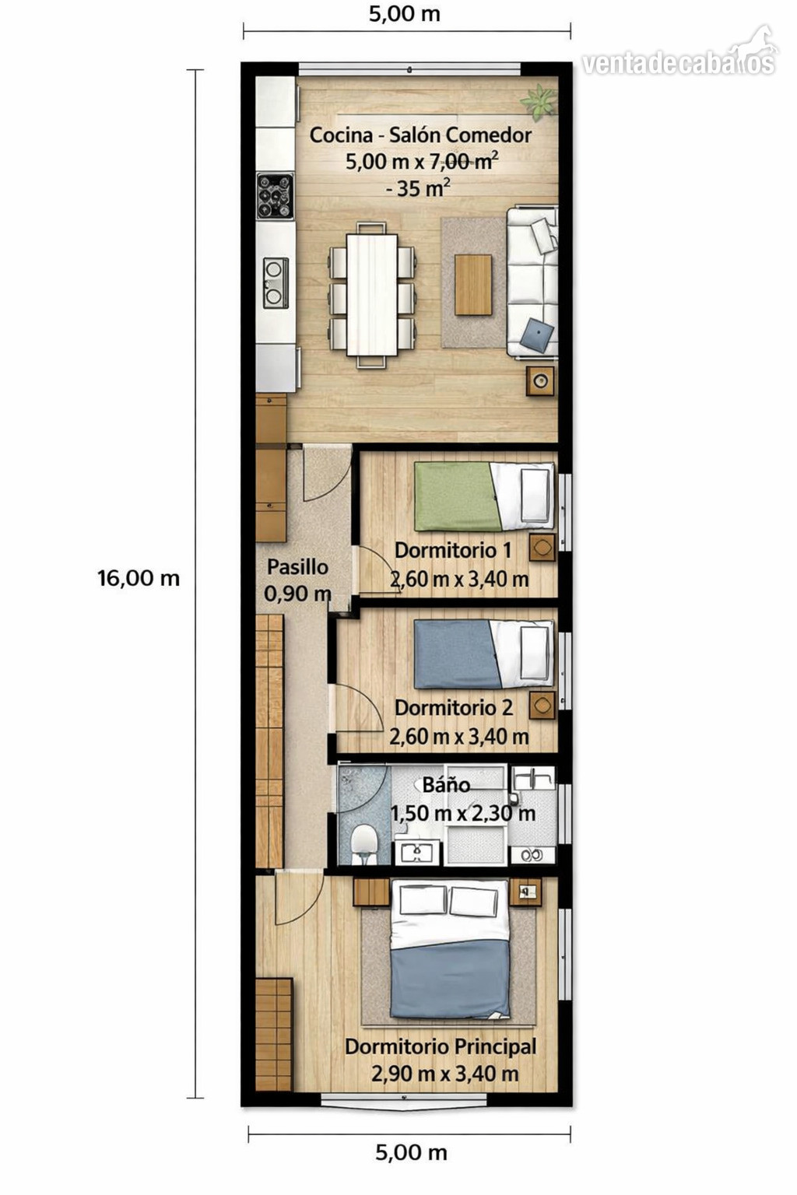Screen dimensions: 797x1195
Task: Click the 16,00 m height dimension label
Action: [x=139, y=578]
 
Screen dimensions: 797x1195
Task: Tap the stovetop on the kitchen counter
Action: [x=275, y=196]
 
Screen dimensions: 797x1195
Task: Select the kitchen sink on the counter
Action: [x=276, y=282]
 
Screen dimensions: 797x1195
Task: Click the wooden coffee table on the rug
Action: [x=473, y=285]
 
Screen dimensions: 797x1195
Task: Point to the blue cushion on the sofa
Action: [x=539, y=335]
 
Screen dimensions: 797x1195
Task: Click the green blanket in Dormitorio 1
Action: [x=457, y=496]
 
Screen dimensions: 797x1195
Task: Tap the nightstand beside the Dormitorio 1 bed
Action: [x=542, y=548]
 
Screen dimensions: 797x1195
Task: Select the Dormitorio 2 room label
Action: [x=454, y=708]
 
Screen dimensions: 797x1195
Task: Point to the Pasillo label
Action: [x=297, y=567]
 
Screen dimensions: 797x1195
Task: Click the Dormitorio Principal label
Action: [x=441, y=1046]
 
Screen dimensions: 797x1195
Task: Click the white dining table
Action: [x=372, y=295]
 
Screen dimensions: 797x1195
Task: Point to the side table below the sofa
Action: [x=540, y=381]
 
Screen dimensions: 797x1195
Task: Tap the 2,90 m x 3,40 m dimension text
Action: [x=444, y=1074]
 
